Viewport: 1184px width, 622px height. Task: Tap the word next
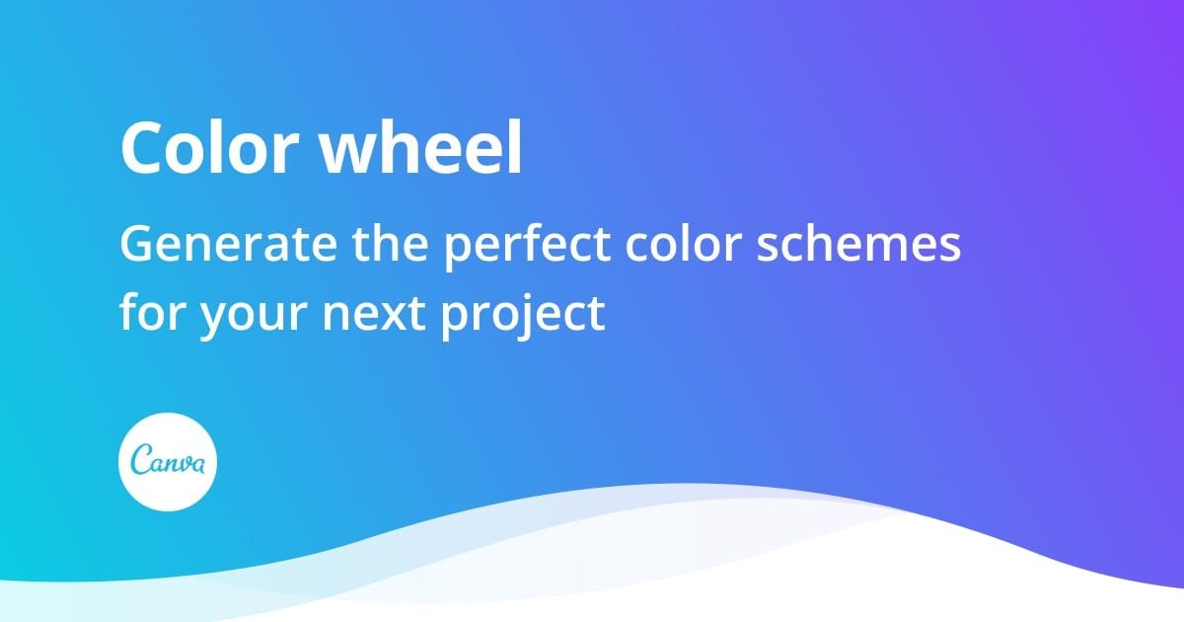coord(371,312)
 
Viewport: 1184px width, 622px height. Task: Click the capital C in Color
coord(140,149)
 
